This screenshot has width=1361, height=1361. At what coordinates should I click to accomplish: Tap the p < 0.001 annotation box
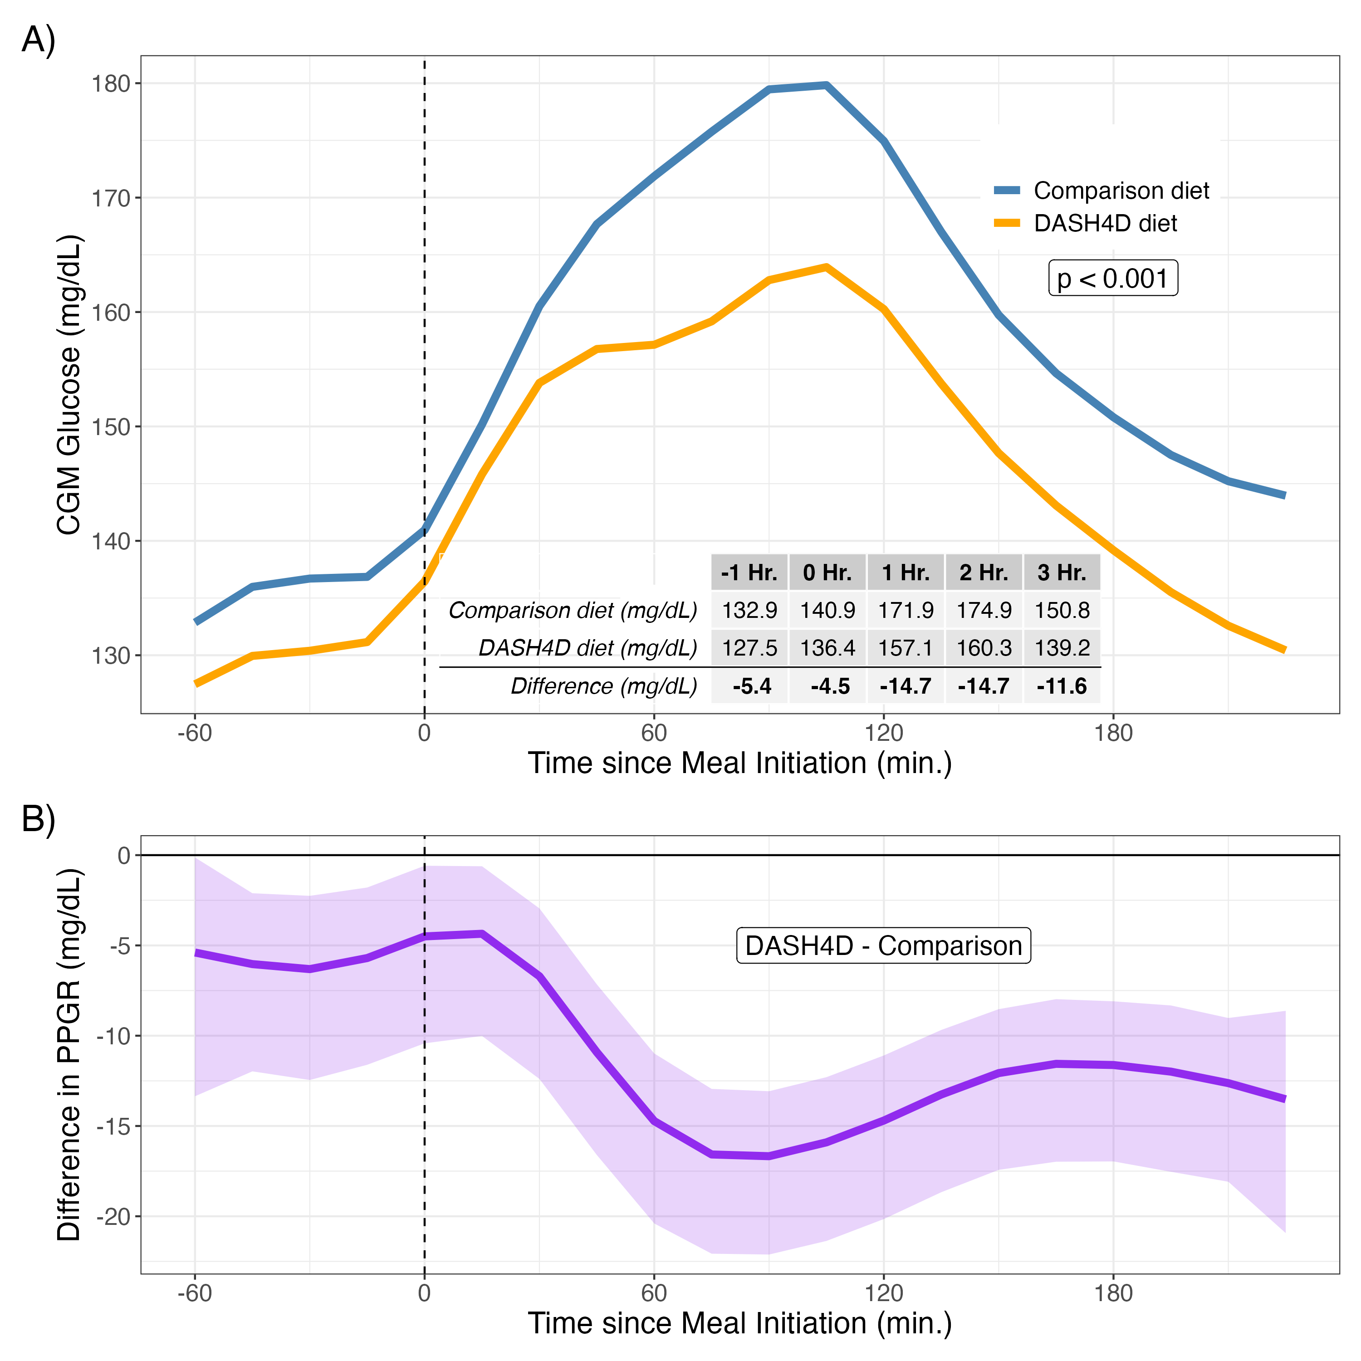click(1113, 278)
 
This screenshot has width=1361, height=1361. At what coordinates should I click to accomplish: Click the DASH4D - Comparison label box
click(883, 945)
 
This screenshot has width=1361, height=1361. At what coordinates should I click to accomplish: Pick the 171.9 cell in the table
click(906, 610)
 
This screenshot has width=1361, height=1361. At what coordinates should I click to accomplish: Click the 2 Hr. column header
click(984, 572)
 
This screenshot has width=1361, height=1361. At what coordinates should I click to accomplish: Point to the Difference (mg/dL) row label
click(604, 686)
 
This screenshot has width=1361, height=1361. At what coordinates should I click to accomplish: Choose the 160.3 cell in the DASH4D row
click(984, 648)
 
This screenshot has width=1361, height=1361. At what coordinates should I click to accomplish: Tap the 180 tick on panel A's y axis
click(111, 84)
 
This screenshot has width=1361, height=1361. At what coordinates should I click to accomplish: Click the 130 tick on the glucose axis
click(111, 656)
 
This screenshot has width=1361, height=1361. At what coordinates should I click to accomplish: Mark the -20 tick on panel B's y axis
click(113, 1217)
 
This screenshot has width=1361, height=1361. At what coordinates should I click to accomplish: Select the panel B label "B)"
click(39, 819)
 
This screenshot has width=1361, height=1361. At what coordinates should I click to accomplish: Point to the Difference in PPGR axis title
click(69, 1055)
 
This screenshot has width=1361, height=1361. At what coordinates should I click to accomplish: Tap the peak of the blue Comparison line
click(826, 85)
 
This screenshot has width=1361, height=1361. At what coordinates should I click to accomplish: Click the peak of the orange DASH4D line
click(826, 267)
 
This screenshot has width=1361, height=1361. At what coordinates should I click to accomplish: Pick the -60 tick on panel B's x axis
click(195, 1293)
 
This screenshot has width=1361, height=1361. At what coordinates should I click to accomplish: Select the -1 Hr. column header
click(749, 572)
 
